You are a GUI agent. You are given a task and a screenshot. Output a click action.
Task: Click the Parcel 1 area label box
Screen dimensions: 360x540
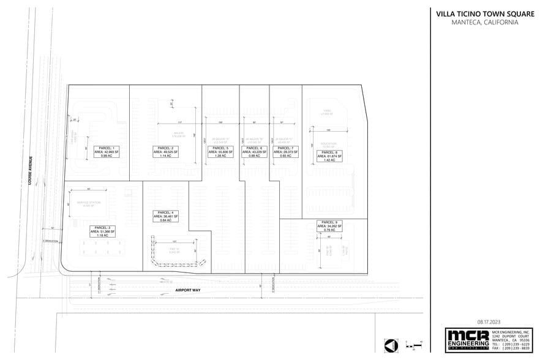point(107,152)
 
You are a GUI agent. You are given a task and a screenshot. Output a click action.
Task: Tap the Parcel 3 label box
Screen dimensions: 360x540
point(102,231)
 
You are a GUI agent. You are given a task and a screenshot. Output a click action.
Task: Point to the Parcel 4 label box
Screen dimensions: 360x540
point(165,216)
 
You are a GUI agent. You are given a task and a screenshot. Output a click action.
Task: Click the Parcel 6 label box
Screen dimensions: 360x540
point(254,152)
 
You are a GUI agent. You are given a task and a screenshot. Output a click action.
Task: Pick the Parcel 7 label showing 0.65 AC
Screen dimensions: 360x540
point(285,152)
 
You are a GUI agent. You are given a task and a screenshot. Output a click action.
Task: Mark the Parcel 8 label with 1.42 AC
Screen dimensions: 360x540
point(329,156)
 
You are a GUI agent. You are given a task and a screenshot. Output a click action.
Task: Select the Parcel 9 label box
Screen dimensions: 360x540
point(329,226)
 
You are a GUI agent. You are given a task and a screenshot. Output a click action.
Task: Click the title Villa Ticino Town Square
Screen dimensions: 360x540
point(485,13)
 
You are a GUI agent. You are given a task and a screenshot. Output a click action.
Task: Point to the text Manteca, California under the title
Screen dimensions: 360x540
point(485,23)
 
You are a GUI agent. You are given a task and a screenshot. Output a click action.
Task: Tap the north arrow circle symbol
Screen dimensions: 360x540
point(391,346)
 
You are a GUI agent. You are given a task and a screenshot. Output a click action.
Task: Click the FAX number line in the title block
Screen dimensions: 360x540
point(511,348)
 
